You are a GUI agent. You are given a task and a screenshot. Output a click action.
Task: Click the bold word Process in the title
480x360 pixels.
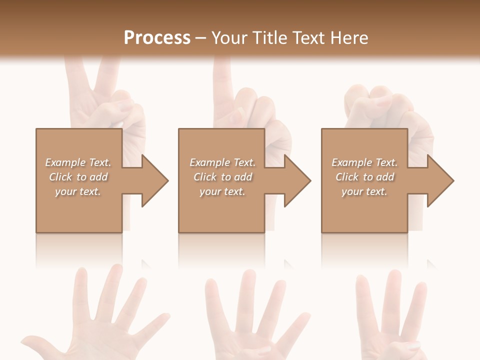point(157,38)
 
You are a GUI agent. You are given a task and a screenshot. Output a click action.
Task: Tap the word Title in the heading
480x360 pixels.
point(270,38)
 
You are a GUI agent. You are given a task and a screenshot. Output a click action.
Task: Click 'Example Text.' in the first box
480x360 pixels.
point(78,162)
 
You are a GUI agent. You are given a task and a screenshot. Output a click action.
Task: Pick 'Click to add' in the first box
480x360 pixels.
point(78,177)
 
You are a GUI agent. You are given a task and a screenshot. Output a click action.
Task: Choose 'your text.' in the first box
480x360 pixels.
point(78,191)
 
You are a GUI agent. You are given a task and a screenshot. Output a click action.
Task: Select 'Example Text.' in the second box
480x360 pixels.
point(222,162)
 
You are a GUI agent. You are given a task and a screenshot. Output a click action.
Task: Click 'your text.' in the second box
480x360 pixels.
point(222,191)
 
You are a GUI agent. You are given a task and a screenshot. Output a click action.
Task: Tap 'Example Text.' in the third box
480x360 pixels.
point(364,162)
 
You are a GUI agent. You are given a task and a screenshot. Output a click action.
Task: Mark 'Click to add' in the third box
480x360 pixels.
point(364,177)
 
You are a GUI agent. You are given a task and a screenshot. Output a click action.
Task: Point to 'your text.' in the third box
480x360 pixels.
point(364,191)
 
